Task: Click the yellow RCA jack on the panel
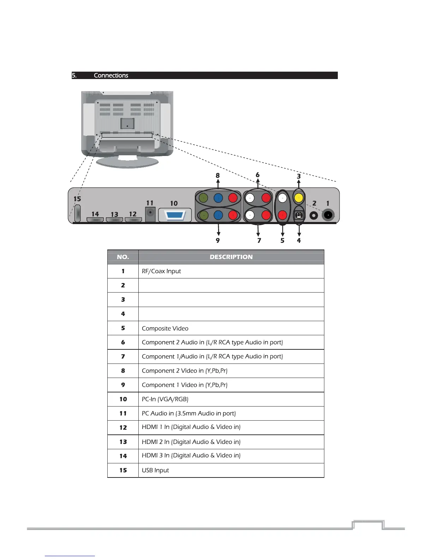click(x=299, y=198)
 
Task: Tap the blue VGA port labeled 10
click(x=175, y=215)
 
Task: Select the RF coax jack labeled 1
click(x=328, y=215)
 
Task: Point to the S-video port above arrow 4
click(x=299, y=215)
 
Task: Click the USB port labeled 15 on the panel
click(x=78, y=214)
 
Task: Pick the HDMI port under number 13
click(x=114, y=220)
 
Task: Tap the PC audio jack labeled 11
click(x=151, y=214)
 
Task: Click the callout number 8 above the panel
click(x=218, y=175)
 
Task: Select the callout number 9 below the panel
click(x=218, y=240)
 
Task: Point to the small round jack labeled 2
click(x=313, y=215)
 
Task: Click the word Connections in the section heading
click(x=111, y=76)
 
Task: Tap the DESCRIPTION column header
click(x=231, y=257)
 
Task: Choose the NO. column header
click(x=123, y=257)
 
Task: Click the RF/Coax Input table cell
click(x=161, y=271)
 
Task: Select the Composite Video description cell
click(x=165, y=328)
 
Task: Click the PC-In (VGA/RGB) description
click(x=165, y=399)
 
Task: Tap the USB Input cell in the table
click(x=155, y=470)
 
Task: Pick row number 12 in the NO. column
click(x=123, y=427)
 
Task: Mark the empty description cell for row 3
click(x=231, y=300)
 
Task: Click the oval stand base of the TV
click(x=127, y=162)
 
